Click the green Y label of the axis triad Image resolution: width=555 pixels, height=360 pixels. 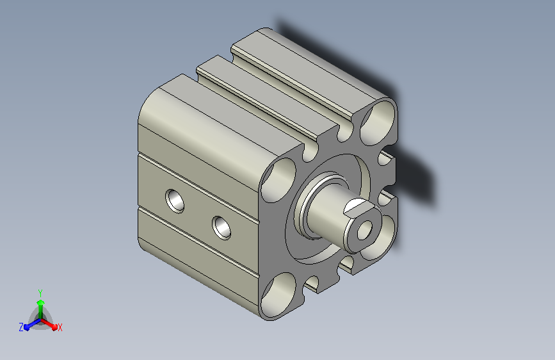pyautogui.click(x=40, y=293)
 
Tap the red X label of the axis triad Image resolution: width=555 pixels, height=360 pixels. pyautogui.click(x=60, y=327)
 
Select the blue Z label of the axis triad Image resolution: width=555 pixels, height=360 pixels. pyautogui.click(x=21, y=327)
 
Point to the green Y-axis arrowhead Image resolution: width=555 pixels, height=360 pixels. pyautogui.click(x=41, y=303)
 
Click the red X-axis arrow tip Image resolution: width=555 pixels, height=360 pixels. pyautogui.click(x=54, y=327)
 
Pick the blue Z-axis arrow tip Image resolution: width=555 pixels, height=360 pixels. pyautogui.click(x=28, y=327)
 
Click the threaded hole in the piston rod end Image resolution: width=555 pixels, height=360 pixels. pyautogui.click(x=365, y=231)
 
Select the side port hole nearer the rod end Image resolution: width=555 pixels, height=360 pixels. pyautogui.click(x=221, y=228)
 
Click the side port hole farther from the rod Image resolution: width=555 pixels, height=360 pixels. pyautogui.click(x=175, y=201)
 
